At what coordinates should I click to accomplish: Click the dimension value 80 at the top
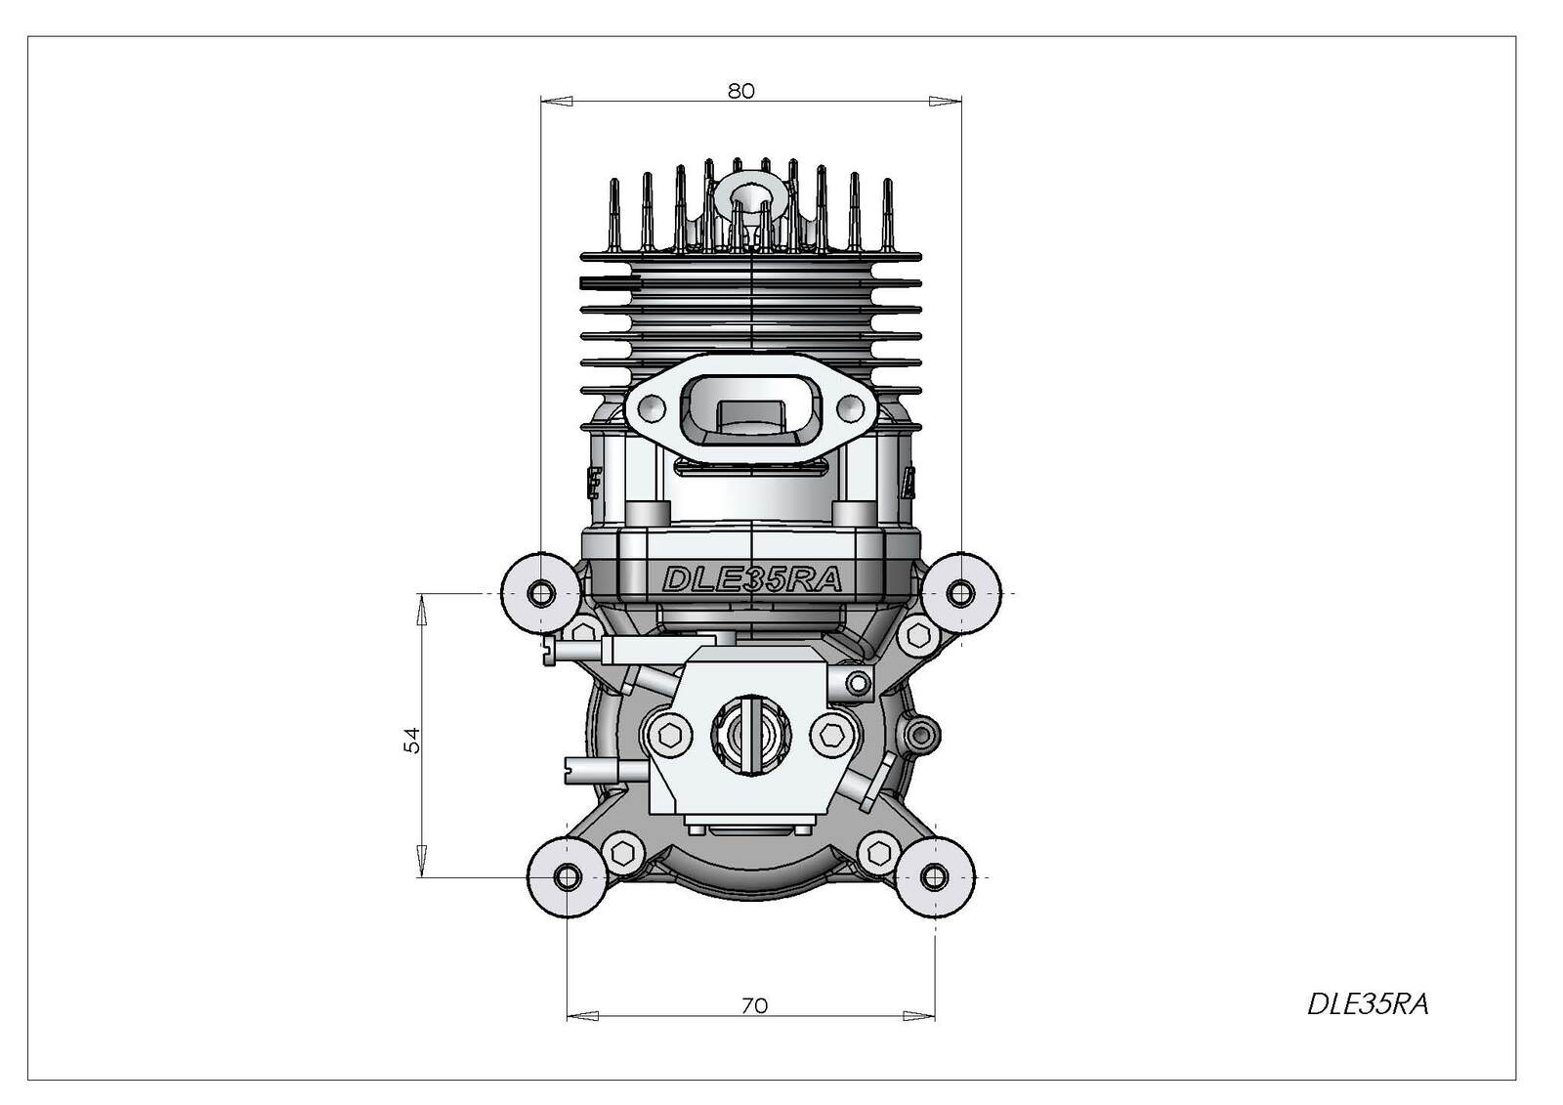[741, 92]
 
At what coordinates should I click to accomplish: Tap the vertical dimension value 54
[413, 740]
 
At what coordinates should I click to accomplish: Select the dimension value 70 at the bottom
[754, 1006]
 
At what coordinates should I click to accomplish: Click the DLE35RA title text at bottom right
[1368, 1004]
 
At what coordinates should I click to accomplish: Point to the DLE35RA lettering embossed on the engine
[751, 579]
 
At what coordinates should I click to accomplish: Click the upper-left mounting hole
[541, 594]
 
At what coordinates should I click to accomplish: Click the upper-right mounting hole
[961, 594]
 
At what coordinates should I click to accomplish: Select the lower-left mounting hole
[568, 876]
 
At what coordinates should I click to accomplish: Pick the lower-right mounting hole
[934, 876]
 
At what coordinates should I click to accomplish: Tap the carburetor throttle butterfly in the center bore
[751, 735]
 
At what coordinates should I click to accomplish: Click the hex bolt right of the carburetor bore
[831, 735]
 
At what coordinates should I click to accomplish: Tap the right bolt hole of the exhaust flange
[850, 405]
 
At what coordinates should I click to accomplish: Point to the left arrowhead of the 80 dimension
[557, 102]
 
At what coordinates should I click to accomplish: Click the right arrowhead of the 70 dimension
[919, 1016]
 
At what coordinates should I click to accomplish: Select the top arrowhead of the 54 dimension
[421, 610]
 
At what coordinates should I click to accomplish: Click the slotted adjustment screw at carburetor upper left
[549, 650]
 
